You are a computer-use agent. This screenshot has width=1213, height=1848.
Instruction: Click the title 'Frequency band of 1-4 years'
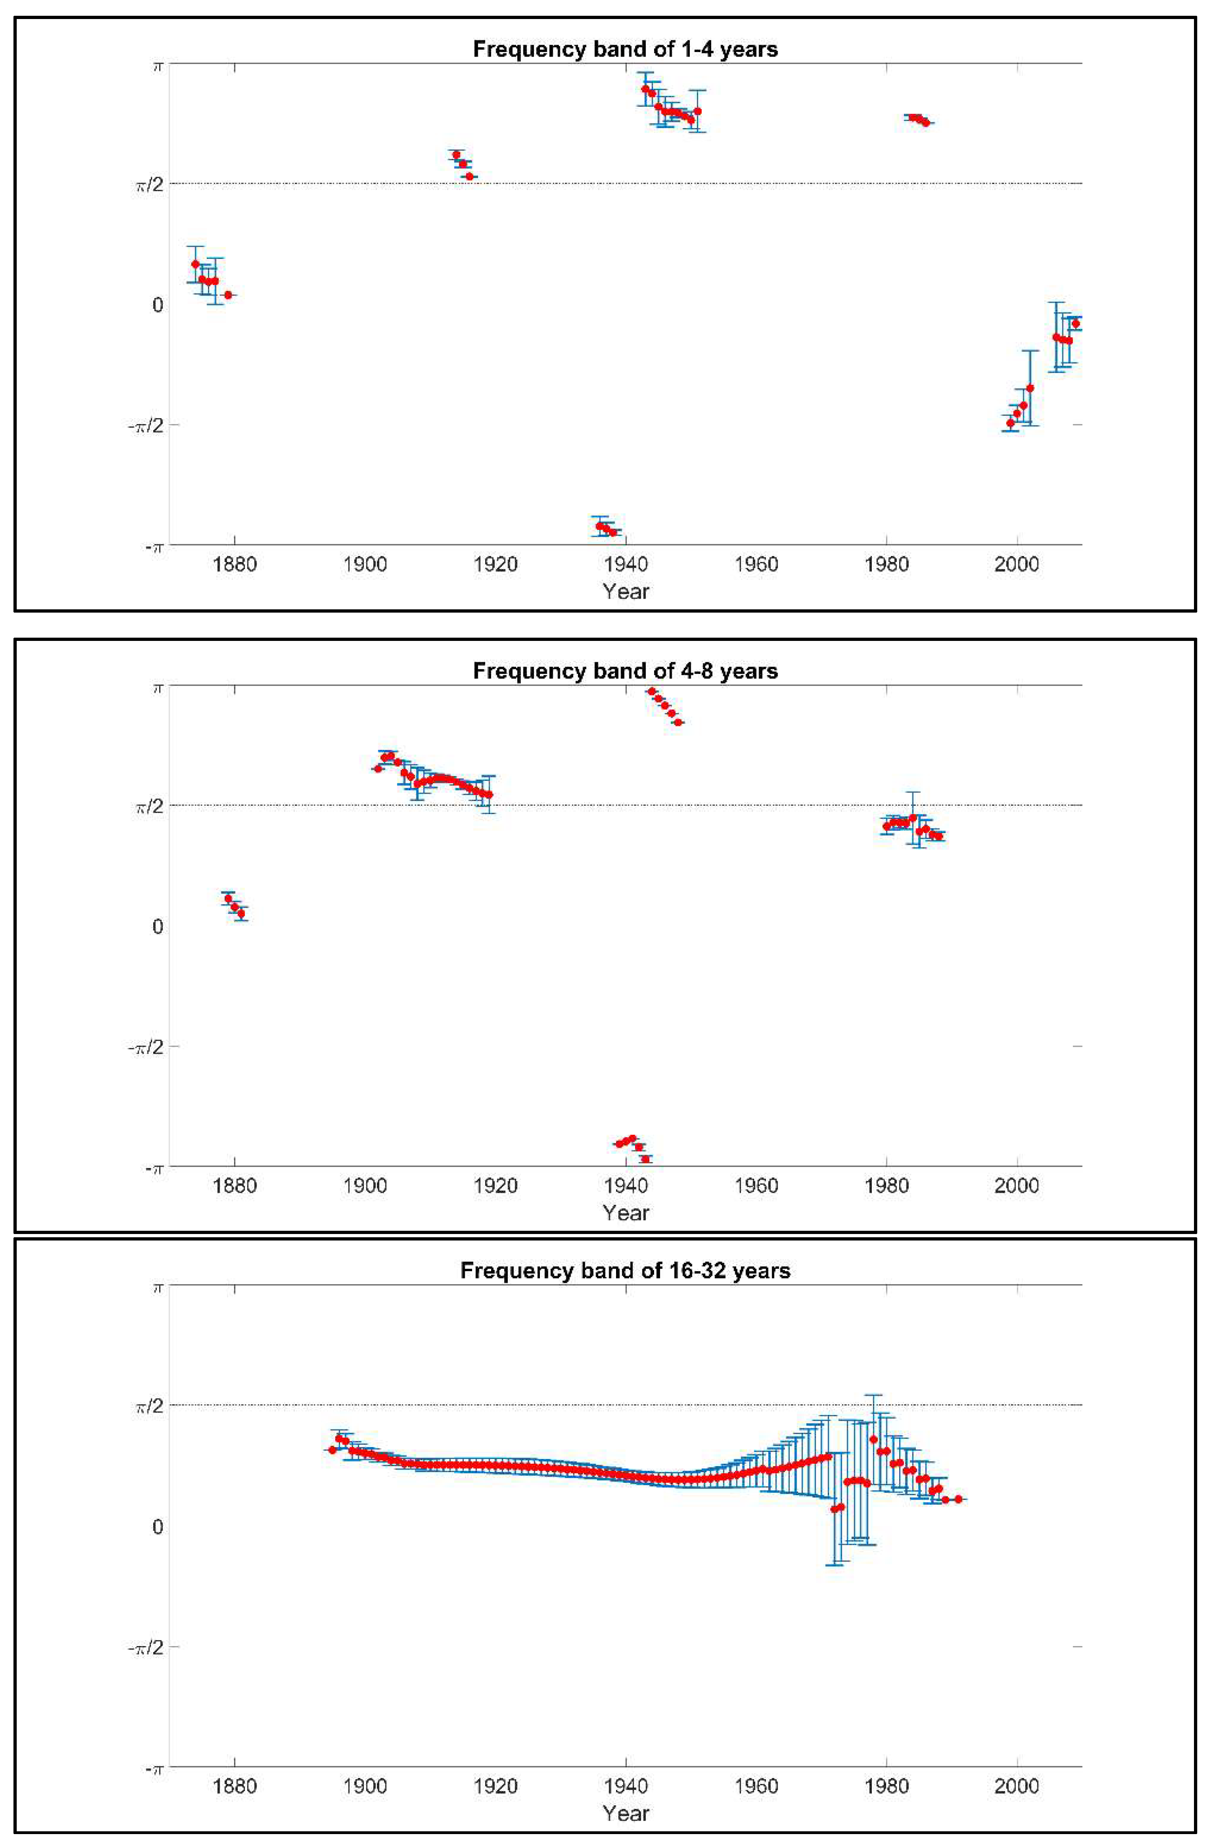(625, 49)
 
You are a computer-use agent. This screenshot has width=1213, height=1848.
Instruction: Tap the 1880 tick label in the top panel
(234, 564)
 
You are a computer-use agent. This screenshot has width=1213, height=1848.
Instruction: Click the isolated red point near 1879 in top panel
(227, 295)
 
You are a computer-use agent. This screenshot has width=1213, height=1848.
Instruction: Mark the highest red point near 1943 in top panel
(644, 89)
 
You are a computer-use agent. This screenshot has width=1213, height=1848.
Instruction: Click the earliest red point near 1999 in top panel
(1010, 423)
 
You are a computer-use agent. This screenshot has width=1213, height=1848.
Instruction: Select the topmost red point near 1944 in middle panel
(652, 691)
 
